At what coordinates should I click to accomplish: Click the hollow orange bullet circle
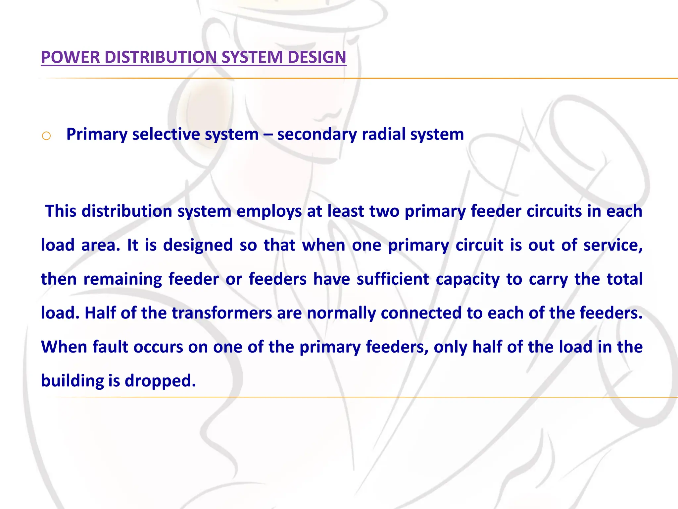point(46,136)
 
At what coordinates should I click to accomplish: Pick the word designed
point(198,245)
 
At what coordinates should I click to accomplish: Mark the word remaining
point(122,279)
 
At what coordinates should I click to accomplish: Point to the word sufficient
point(393,279)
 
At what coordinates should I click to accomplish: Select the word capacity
point(467,279)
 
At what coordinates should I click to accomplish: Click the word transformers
point(221,313)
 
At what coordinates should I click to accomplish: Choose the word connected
point(421,313)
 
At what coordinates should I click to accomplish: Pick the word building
point(72,381)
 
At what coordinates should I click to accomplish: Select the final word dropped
point(160,381)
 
